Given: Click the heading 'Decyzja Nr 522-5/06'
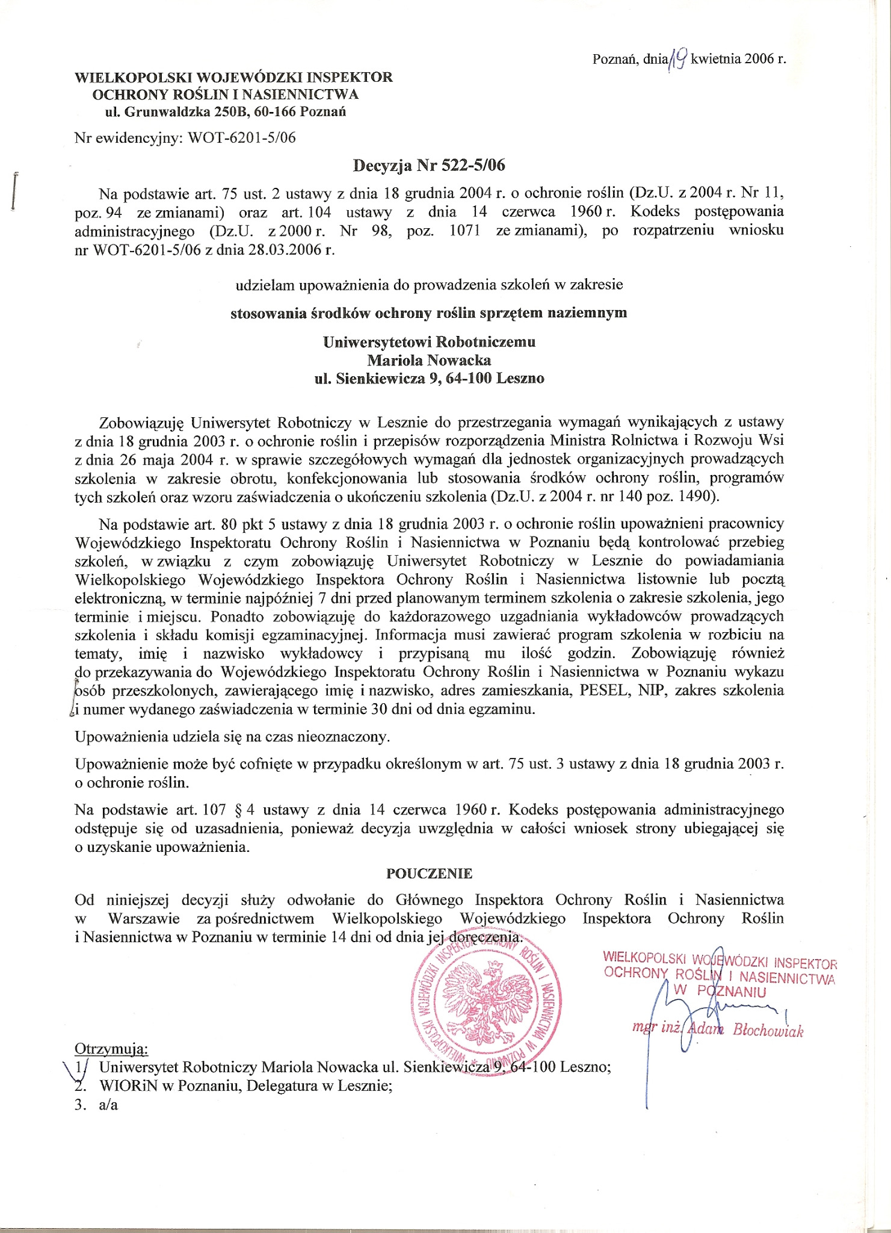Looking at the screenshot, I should point(429,164).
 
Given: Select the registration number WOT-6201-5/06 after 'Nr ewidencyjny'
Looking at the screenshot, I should point(242,137).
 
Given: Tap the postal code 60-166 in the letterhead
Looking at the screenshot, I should point(276,111).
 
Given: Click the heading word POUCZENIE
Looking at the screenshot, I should point(429,873).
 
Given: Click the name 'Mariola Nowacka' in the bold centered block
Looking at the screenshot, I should point(429,361).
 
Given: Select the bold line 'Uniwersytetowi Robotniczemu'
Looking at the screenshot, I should point(429,342).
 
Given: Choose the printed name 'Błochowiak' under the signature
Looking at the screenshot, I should point(768,1031).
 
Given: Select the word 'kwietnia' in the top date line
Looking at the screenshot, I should point(717,59).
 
